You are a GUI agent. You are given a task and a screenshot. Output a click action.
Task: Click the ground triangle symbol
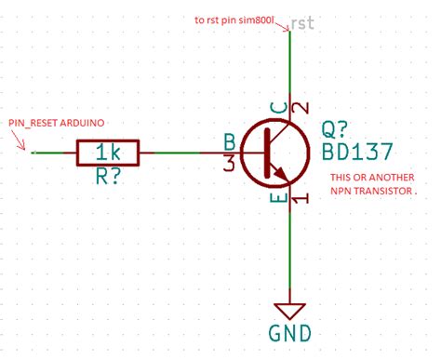291,310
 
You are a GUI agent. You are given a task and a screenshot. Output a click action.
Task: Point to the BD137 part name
357,151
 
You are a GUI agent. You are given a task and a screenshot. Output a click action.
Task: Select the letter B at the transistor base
229,141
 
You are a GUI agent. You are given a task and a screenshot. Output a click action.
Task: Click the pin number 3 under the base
229,163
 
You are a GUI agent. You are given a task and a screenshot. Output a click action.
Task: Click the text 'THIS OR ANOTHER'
367,178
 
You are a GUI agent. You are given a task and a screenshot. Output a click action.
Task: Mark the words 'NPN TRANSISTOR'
369,194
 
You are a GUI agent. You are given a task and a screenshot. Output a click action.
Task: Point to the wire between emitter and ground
291,251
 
